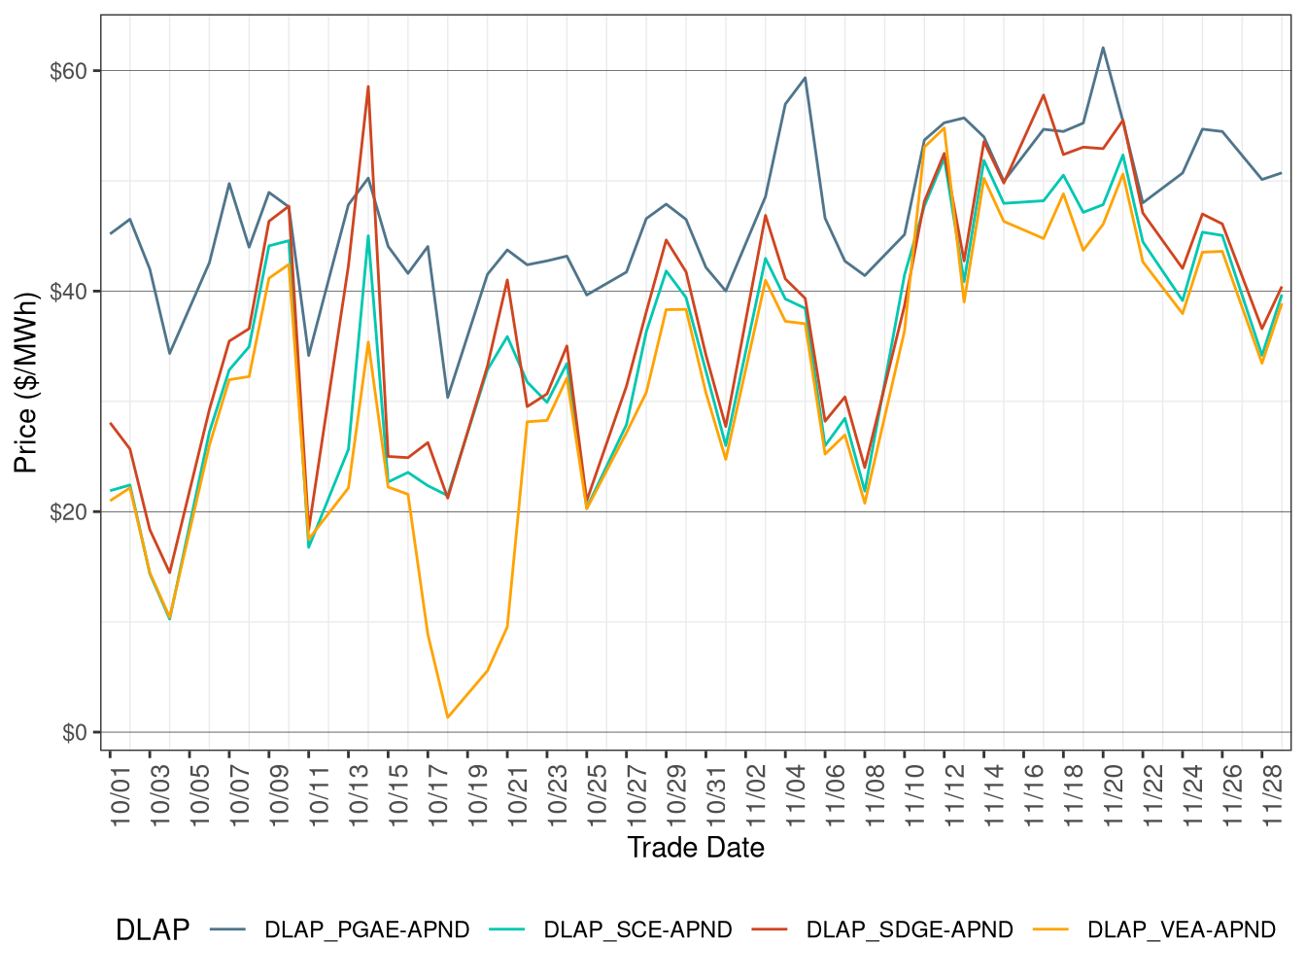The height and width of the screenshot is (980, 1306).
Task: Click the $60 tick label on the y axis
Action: pos(68,71)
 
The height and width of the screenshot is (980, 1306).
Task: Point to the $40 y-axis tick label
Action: pos(68,292)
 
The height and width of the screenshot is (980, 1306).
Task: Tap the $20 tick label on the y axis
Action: pos(68,512)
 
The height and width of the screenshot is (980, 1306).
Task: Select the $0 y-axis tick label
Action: pos(74,733)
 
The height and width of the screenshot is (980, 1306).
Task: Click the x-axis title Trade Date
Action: pos(696,848)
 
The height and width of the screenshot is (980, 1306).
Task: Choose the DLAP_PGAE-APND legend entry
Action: pos(366,930)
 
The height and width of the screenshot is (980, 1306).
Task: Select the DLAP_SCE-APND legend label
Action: pos(637,930)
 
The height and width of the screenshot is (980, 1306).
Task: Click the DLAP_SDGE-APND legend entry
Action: pos(910,930)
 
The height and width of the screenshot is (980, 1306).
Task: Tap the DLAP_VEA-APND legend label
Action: pos(1181,930)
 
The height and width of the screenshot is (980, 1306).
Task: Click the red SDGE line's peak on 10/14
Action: pos(368,87)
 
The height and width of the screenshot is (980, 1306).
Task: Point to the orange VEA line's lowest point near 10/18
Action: pos(448,717)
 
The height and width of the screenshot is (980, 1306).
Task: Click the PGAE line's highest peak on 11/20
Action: pos(1103,48)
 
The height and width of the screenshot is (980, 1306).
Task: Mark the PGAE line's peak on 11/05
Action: pos(805,78)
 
